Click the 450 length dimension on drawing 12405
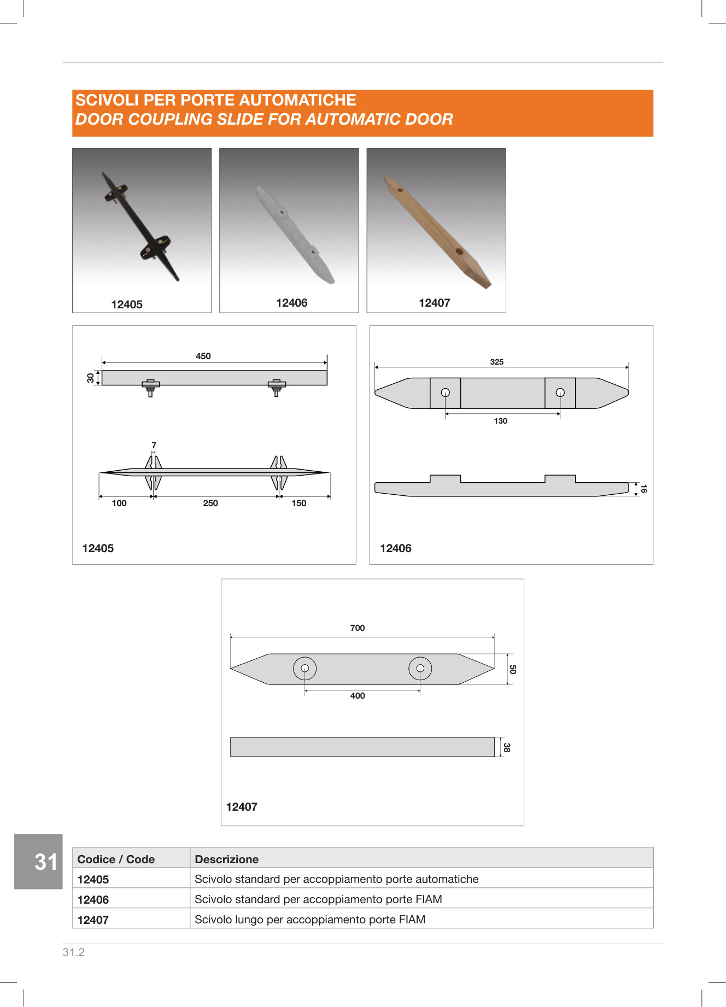[x=203, y=356]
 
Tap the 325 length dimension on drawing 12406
[x=497, y=362]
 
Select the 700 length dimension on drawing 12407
[x=358, y=628]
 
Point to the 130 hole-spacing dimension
[x=501, y=421]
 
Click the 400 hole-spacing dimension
[x=358, y=695]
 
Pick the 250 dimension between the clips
[x=210, y=503]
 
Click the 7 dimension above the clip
[x=154, y=445]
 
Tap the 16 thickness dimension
[x=643, y=489]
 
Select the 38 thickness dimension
[x=507, y=747]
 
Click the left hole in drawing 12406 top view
[x=446, y=393]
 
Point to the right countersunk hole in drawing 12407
[x=420, y=668]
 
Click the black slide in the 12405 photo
[x=141, y=226]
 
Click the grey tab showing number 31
[x=38, y=862]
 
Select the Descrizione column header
[x=226, y=859]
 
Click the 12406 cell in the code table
[x=93, y=899]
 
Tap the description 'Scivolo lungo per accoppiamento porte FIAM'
[x=310, y=920]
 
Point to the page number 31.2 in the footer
[x=74, y=952]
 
